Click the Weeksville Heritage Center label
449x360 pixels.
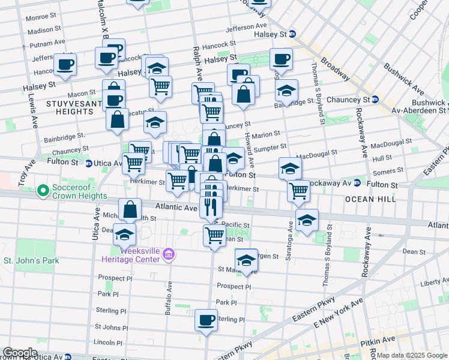coord(139,254)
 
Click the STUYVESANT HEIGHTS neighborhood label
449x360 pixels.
coord(68,107)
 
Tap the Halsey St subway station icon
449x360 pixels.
coord(292,34)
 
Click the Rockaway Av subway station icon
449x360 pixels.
coord(357,183)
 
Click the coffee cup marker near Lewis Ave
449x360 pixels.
coord(65,64)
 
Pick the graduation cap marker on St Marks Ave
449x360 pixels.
coord(246,260)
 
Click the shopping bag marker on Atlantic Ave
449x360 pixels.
coord(130,209)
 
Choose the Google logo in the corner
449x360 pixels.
coord(20,353)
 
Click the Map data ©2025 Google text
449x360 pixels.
coord(412,355)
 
